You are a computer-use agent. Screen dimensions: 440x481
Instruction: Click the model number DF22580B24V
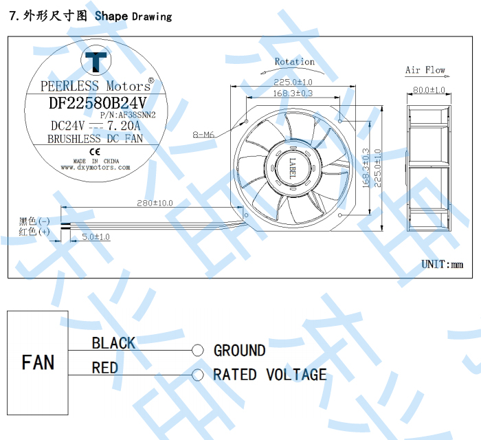[x=94, y=103]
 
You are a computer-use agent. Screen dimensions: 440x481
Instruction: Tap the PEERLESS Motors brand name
[x=96, y=86]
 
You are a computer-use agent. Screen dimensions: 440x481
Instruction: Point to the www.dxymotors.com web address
[x=95, y=167]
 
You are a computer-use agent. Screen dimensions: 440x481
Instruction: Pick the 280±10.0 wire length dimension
[x=155, y=203]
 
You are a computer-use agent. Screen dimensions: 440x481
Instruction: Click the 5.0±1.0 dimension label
[x=96, y=236]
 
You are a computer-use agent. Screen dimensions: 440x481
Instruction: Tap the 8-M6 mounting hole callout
[x=204, y=135]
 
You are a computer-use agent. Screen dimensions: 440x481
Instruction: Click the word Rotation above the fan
[x=295, y=62]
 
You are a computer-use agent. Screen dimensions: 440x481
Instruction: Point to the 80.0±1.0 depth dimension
[x=429, y=90]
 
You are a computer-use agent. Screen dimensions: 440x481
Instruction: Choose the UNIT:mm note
[x=443, y=264]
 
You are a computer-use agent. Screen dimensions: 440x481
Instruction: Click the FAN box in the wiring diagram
[x=38, y=362]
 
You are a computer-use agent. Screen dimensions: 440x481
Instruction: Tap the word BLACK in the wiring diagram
[x=113, y=342]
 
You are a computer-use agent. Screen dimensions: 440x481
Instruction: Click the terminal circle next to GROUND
[x=198, y=351]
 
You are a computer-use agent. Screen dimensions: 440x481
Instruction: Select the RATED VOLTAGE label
[x=269, y=375]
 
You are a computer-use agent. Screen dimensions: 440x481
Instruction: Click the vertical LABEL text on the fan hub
[x=292, y=168]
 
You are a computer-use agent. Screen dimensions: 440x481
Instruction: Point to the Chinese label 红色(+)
[x=34, y=232]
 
